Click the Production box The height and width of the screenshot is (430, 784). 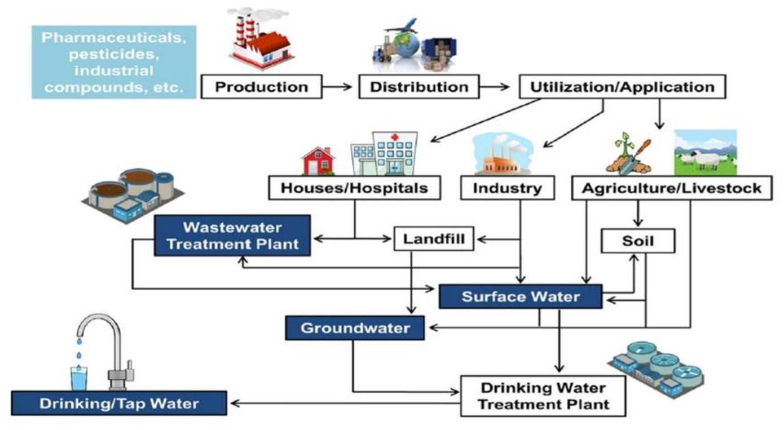coord(261,87)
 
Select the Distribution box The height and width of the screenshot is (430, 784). coord(419,87)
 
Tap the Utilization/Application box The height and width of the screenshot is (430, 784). coord(622,87)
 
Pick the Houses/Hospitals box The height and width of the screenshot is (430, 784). coord(354,188)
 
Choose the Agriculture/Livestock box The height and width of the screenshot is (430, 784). coord(672,188)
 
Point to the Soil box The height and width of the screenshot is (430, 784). coord(637,241)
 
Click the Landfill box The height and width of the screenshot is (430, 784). coord(434,239)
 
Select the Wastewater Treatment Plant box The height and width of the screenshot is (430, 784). coord(232,236)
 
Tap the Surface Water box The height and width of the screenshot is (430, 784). coord(521,296)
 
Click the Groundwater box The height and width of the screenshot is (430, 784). coord(355,328)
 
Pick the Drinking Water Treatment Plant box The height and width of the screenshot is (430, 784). coord(543,396)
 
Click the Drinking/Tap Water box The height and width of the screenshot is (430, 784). coord(119,404)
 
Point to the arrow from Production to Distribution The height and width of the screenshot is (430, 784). coord(340,87)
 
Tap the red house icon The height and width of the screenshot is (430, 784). coord(319,161)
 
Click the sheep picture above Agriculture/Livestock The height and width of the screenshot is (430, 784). coord(705,153)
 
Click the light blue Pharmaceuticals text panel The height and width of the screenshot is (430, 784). coord(114,62)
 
